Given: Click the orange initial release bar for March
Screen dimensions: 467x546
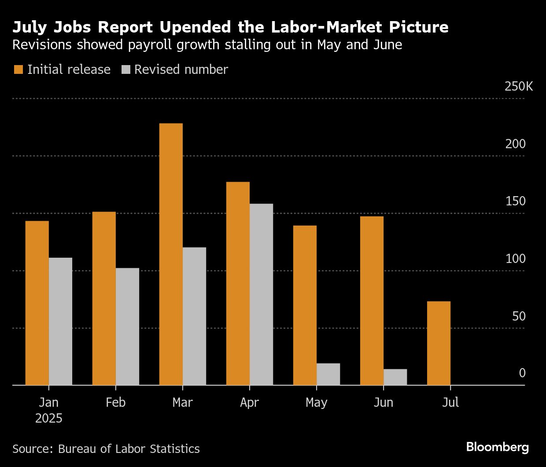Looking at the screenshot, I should [171, 254].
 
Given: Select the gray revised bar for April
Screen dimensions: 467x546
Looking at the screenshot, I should [261, 294].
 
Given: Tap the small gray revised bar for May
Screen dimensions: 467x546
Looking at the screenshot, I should [328, 374].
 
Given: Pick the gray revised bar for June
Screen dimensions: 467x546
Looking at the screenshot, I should [395, 377].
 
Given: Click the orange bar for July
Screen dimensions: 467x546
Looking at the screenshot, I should [439, 343].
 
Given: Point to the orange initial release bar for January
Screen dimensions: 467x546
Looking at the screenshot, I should [37, 303].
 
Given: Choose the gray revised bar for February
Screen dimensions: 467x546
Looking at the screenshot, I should [127, 326].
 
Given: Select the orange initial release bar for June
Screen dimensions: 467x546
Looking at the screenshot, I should [372, 301].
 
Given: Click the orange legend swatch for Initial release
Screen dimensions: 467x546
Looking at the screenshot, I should [18, 69].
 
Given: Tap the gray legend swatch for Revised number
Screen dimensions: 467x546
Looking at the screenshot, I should [126, 69].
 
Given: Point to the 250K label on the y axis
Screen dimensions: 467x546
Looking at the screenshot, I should [518, 86].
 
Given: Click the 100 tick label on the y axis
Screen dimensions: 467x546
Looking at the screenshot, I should [515, 259].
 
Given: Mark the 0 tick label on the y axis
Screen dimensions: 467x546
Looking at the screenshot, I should [522, 373].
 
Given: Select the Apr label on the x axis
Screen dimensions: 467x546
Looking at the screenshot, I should [249, 402].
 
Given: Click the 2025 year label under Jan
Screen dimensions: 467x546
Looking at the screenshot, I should [48, 418].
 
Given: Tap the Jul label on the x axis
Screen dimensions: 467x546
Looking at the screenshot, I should [450, 402].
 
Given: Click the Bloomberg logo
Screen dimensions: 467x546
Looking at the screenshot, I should [497, 447].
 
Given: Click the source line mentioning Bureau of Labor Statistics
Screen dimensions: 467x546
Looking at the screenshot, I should [106, 449].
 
